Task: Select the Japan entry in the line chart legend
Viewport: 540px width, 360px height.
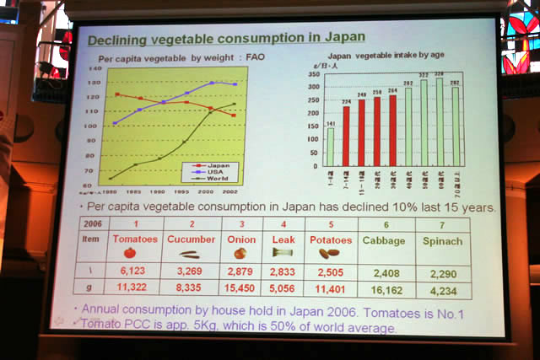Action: click(221, 166)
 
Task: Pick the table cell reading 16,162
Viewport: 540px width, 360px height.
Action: click(384, 289)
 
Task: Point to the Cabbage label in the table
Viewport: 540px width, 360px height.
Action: click(384, 242)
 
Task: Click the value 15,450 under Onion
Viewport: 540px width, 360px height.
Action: click(240, 288)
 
